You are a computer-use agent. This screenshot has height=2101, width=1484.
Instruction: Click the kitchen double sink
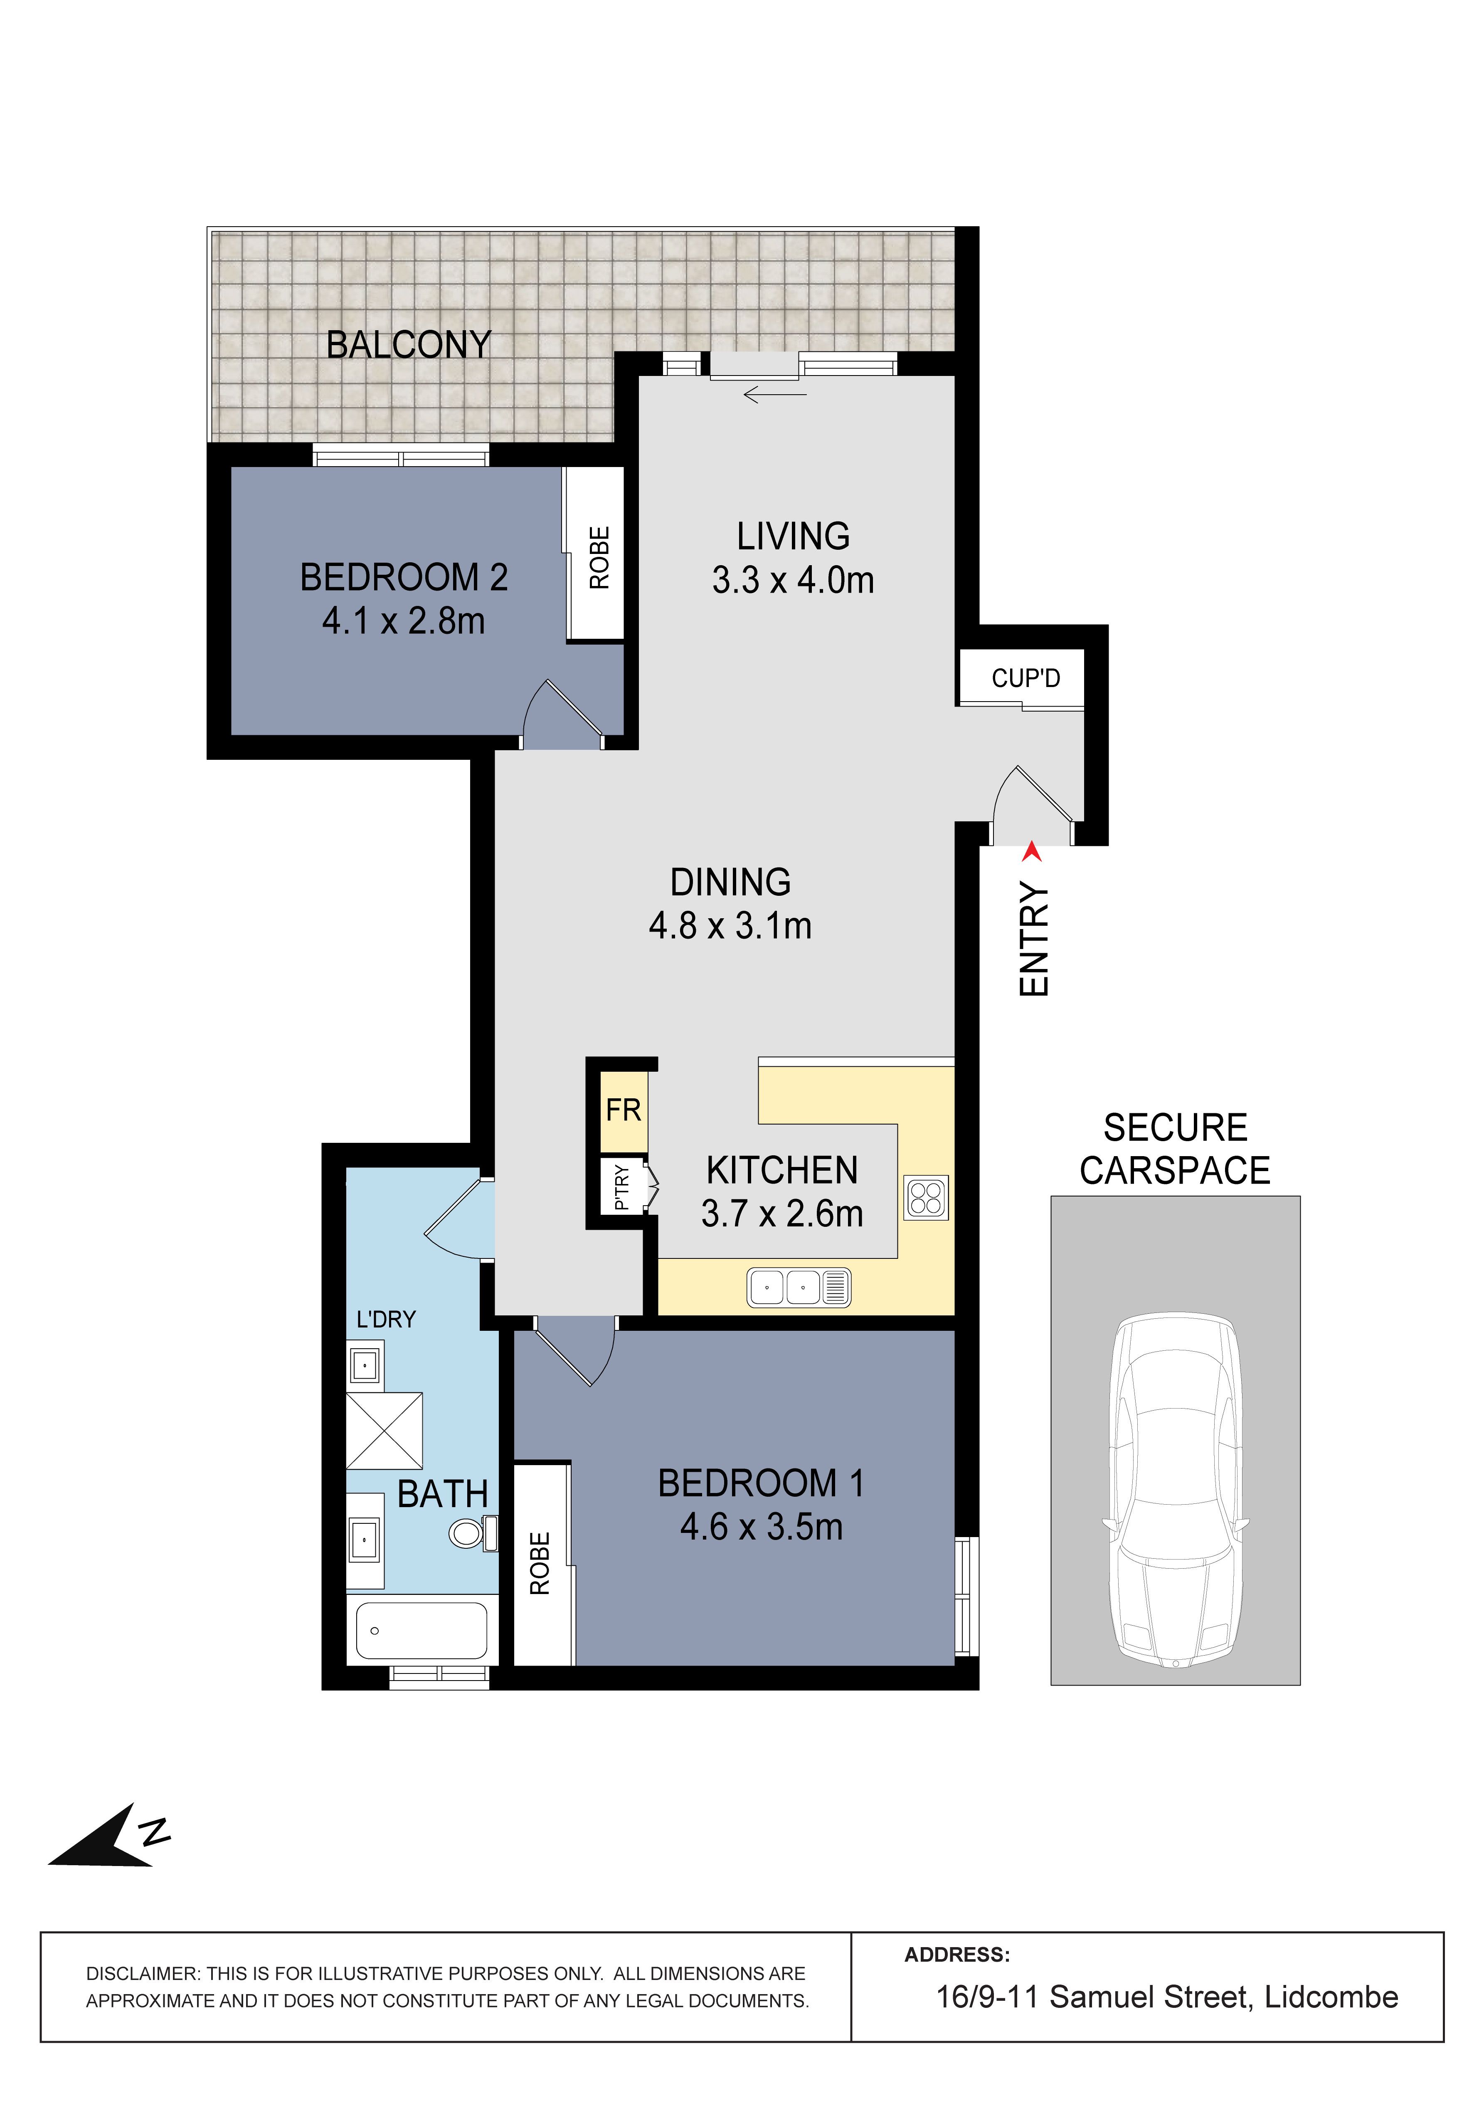(799, 1288)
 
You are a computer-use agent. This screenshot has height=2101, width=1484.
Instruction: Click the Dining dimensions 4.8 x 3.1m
(730, 926)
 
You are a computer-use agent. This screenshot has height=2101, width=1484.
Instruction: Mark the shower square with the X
(384, 1431)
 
